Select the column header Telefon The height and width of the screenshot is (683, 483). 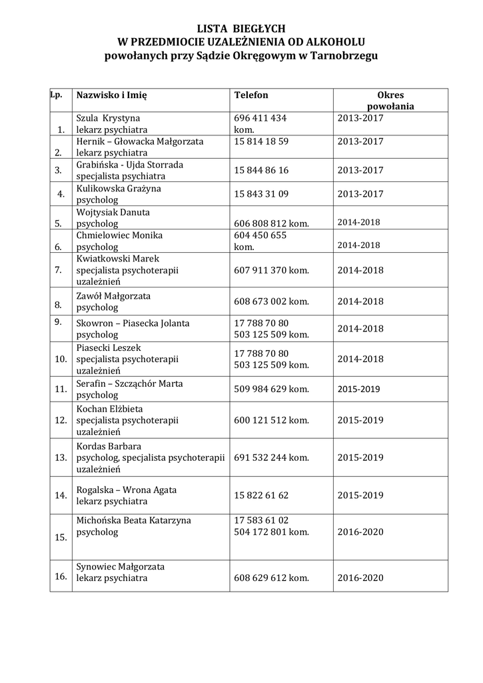coord(251,95)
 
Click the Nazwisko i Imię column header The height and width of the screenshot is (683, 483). coord(111,95)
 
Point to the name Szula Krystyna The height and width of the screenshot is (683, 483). coord(108,118)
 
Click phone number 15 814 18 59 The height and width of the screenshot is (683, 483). coord(261,141)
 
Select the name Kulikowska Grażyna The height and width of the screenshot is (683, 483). coord(119,189)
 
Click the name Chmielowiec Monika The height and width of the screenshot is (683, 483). coord(119,235)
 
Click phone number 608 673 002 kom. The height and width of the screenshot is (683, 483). coord(271,301)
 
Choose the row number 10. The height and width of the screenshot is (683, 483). coord(61,360)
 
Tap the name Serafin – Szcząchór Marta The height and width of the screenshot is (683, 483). coord(129,384)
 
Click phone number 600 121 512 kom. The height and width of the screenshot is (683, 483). coord(271,420)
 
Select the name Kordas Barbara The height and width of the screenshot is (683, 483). coord(109,446)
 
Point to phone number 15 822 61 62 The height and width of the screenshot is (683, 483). coord(261,495)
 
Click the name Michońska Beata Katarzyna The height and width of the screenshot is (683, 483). coord(133,520)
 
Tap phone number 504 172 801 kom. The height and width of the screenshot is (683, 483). coord(271,532)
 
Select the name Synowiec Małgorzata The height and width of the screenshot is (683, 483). coord(120,566)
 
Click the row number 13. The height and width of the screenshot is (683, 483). coord(61,458)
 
